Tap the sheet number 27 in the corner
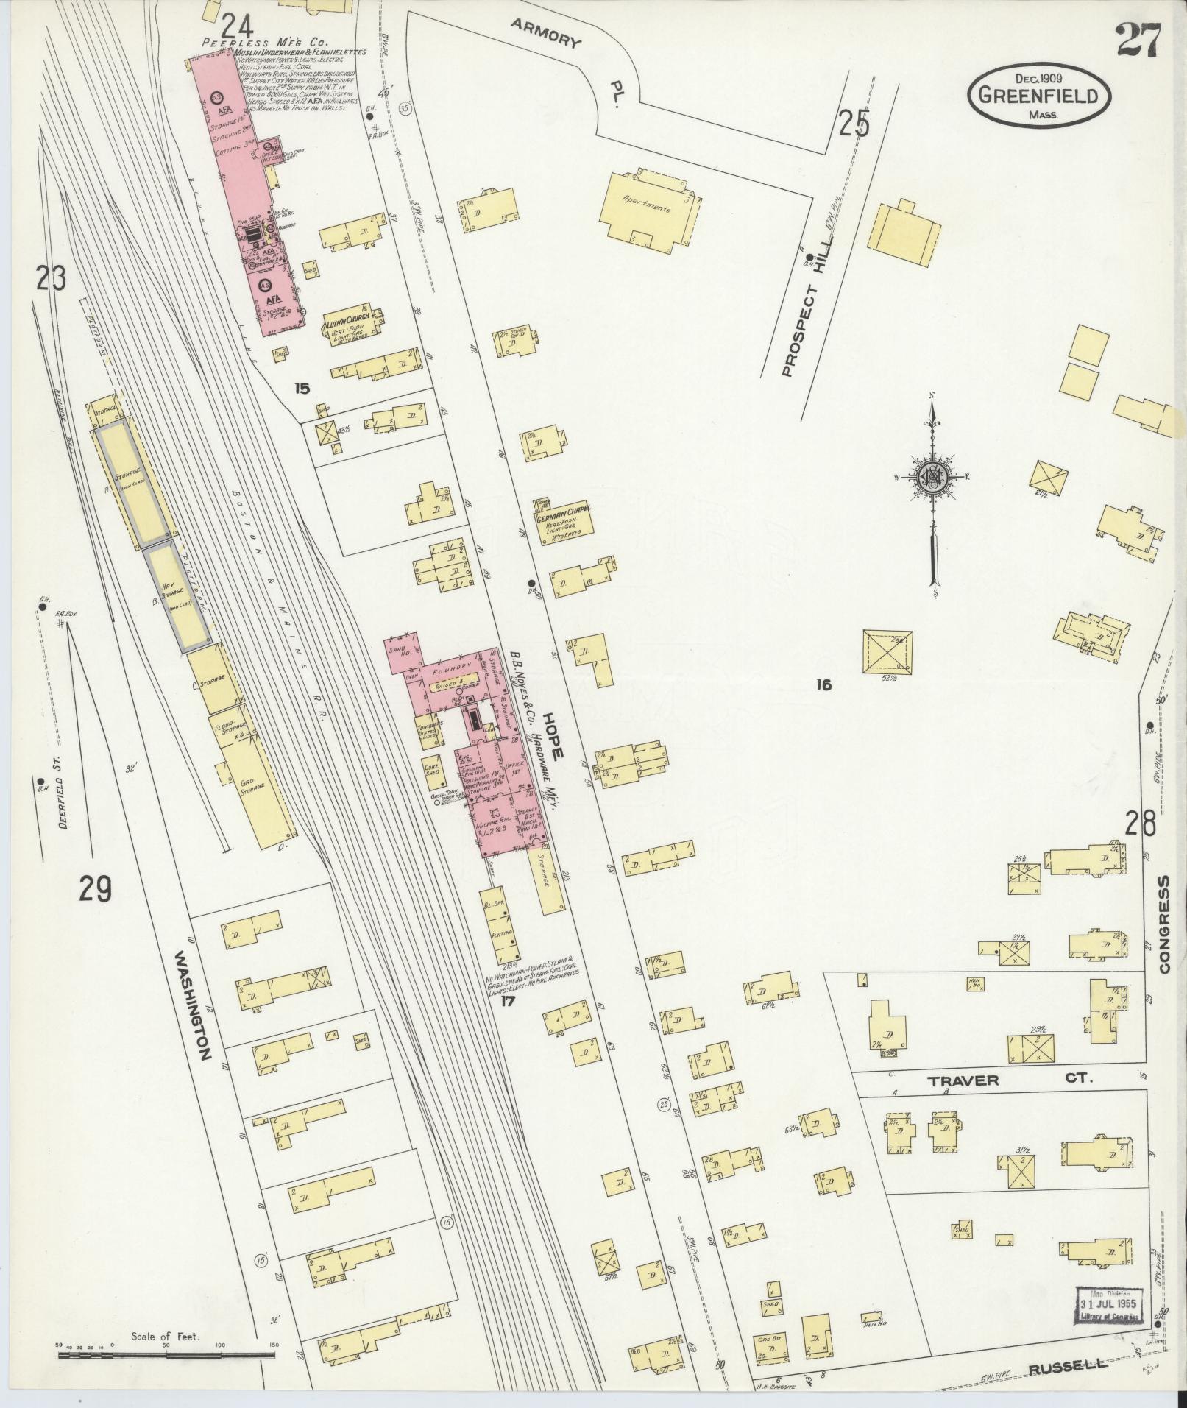pyautogui.click(x=1137, y=40)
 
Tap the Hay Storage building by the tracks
pyautogui.click(x=178, y=595)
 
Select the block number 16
pyautogui.click(x=823, y=685)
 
